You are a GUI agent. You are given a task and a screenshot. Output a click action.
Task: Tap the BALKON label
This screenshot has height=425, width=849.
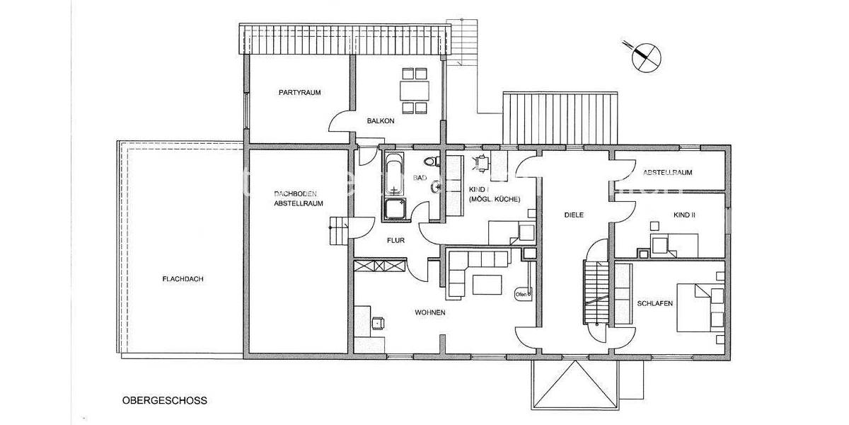[x=381, y=121]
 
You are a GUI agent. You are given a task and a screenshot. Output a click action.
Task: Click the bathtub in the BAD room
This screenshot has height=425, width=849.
[x=393, y=177]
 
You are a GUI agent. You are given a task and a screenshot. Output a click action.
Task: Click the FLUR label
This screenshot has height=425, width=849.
[x=395, y=241]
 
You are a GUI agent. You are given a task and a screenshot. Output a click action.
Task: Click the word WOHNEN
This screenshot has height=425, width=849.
[x=430, y=312]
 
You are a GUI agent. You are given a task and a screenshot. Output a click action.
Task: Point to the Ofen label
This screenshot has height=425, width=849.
[x=521, y=294]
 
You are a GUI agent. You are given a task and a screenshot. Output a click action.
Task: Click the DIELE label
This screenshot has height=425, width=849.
[x=574, y=215]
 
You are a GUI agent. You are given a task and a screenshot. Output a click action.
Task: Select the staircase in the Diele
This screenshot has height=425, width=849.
[x=595, y=290]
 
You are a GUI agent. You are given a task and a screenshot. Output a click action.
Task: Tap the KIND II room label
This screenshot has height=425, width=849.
[x=685, y=214]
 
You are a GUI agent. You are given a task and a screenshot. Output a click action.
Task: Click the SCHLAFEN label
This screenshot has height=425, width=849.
[x=654, y=303]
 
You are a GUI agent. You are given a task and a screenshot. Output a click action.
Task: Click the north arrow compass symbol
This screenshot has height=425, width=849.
[x=644, y=56]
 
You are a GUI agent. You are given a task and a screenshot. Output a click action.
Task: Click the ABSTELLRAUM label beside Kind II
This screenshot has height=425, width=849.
[x=667, y=173]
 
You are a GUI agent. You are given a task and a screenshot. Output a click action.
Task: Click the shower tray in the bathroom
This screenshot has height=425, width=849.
[x=393, y=209]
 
